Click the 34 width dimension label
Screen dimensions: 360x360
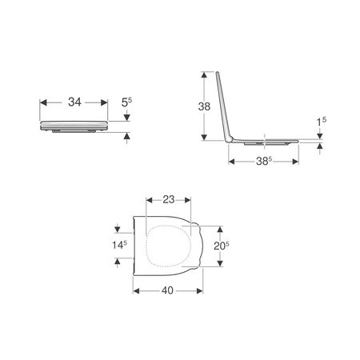tap(74, 102)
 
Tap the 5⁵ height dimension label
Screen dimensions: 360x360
tap(126, 102)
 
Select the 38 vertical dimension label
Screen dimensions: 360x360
tap(204, 106)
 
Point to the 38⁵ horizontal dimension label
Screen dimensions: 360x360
tap(264, 161)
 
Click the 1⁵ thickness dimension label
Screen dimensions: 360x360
tap(322, 122)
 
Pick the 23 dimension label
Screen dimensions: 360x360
tap(169, 199)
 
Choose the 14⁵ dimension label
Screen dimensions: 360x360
tap(119, 245)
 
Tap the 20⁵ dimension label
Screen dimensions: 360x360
tap(222, 246)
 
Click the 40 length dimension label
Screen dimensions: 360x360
tap(167, 290)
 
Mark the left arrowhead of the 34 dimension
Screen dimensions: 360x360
tap(43, 102)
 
